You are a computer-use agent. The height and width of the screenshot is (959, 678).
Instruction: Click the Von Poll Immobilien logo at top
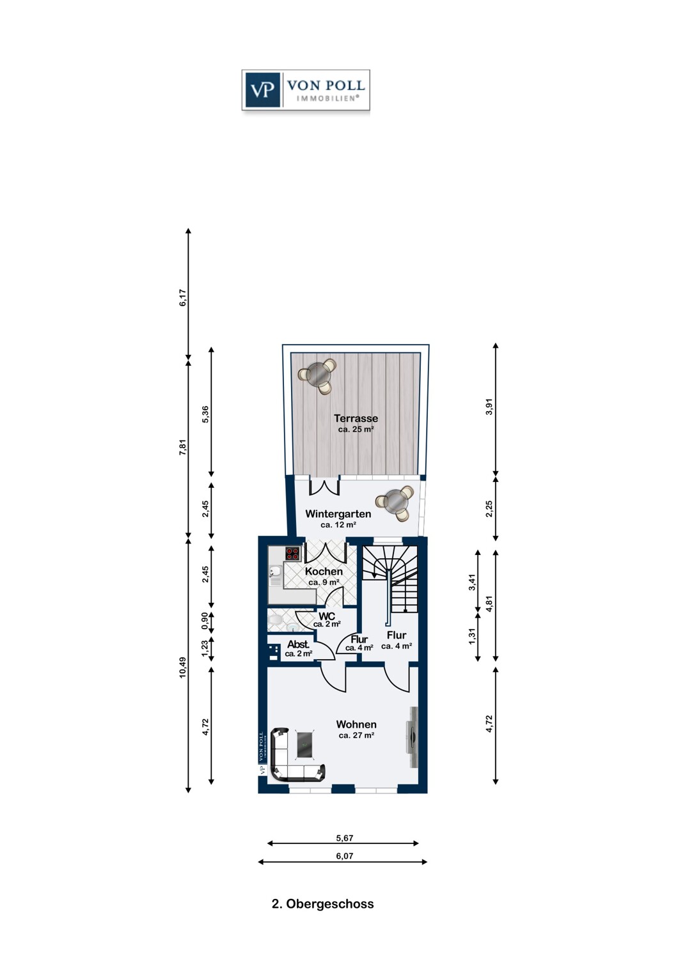point(306,90)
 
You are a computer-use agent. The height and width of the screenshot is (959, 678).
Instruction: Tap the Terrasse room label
point(356,419)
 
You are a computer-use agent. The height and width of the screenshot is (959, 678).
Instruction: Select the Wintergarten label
point(338,514)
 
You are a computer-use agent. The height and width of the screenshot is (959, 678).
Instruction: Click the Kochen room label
point(324,572)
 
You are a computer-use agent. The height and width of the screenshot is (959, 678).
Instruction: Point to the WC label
point(326,616)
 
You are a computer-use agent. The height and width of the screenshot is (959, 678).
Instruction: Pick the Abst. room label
point(298,644)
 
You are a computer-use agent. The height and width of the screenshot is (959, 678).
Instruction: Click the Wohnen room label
point(356,724)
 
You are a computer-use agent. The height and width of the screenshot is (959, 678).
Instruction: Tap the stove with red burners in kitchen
point(292,554)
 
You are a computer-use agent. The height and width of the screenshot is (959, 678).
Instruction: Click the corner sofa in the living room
point(288,761)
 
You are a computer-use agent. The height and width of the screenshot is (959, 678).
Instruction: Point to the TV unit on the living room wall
point(413,737)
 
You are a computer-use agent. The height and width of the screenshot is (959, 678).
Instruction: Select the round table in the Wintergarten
point(395,502)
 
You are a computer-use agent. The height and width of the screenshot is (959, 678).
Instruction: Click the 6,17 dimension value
point(183,298)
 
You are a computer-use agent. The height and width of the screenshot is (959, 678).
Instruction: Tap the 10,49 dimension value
point(183,667)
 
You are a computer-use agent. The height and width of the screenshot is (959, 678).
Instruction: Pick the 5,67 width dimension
point(344,838)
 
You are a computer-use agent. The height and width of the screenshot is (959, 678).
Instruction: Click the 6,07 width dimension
point(344,856)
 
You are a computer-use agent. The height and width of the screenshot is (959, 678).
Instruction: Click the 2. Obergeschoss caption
point(322,904)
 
